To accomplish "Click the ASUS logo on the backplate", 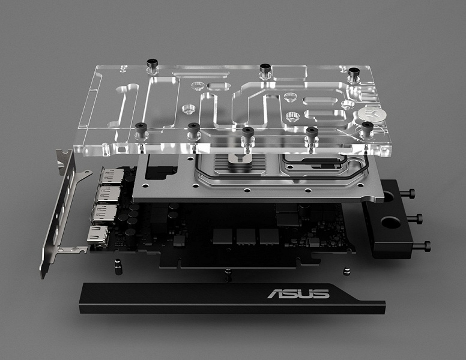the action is (x=298, y=294).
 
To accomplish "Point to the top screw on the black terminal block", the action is (x=408, y=193).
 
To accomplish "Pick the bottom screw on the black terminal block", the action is (x=422, y=246).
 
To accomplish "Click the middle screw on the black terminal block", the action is (x=416, y=218).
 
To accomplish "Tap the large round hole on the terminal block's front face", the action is (x=391, y=222).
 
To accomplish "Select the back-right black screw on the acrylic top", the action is (x=354, y=74).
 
